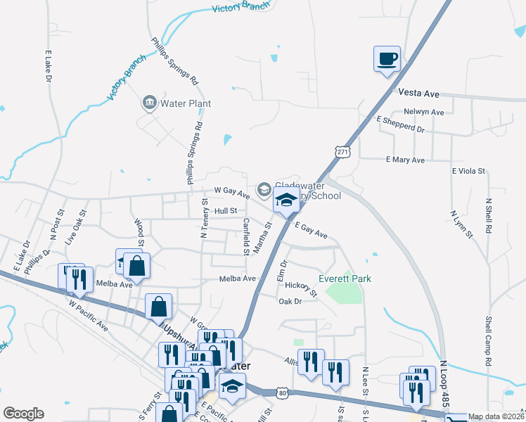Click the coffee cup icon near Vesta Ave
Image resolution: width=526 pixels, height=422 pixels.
[388, 58]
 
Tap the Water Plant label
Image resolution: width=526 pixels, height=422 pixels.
[186, 103]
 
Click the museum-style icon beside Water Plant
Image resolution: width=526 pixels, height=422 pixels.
[149, 103]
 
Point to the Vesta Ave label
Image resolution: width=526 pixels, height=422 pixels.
[418, 92]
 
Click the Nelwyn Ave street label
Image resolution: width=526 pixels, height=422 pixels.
[423, 112]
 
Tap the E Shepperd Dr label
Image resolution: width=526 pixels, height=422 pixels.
[401, 129]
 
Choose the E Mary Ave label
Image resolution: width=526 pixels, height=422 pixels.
[406, 160]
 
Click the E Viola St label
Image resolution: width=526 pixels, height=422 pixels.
[469, 171]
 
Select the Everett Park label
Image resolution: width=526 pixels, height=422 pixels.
[345, 279]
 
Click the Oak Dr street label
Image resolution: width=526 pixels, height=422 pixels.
[290, 301]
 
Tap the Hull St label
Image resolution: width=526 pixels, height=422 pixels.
[226, 210]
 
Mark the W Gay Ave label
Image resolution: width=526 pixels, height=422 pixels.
[231, 192]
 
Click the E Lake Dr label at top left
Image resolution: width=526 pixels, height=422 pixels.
[49, 65]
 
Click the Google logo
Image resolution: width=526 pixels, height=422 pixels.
[23, 414]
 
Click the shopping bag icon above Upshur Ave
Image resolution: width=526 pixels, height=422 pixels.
[159, 307]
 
